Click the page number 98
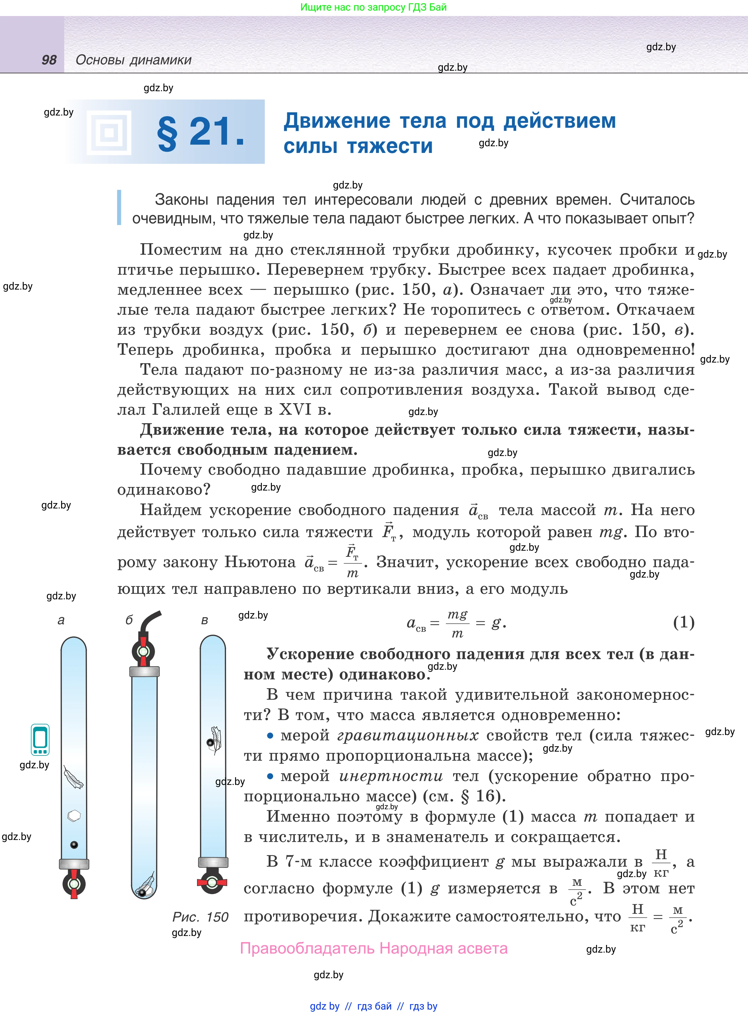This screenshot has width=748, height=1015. (49, 60)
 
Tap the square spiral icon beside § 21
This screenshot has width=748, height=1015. (109, 133)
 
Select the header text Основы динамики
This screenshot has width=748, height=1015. (134, 60)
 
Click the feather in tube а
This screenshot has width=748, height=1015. (73, 777)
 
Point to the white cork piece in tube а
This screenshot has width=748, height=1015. (74, 816)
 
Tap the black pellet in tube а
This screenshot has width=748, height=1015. (74, 844)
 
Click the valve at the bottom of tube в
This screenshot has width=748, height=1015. (212, 882)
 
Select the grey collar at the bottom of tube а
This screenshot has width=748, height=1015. (74, 863)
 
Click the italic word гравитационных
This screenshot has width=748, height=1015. (407, 736)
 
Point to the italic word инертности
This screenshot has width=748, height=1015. (391, 776)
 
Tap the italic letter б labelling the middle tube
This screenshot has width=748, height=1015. (129, 620)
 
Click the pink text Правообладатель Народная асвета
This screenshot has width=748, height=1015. (374, 948)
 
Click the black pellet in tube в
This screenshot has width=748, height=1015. (210, 742)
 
